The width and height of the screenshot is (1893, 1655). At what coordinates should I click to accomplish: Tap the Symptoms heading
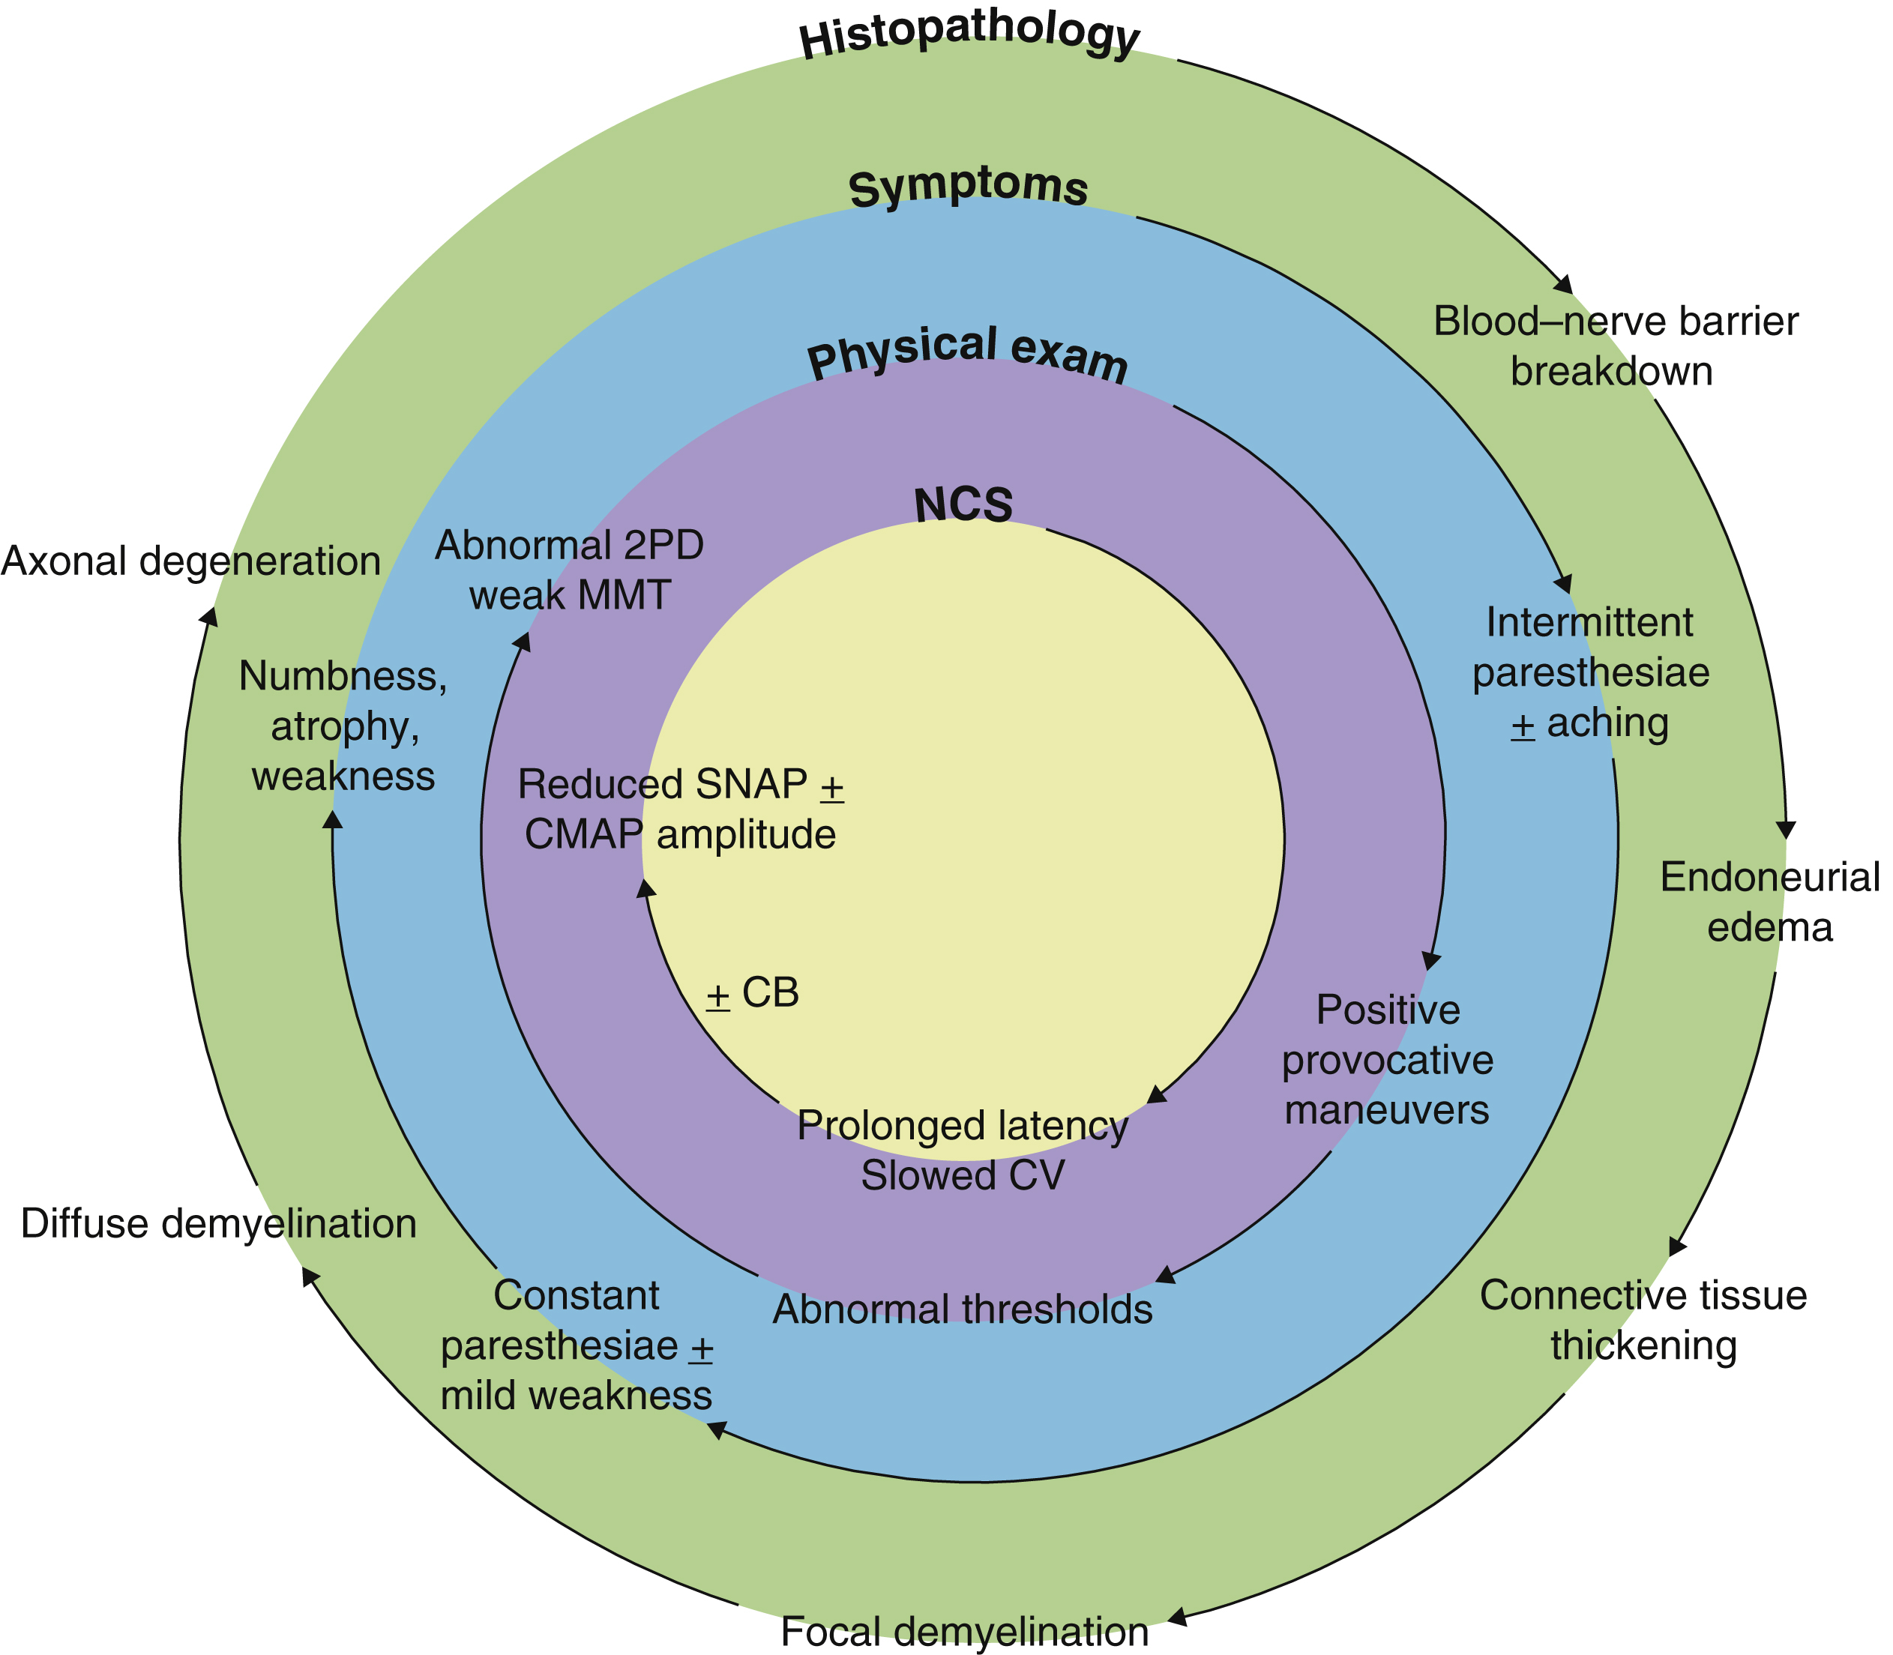click(968, 187)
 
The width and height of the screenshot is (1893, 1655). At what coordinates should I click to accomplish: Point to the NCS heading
click(963, 505)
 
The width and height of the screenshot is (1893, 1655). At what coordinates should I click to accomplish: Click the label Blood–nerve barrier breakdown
click(1615, 346)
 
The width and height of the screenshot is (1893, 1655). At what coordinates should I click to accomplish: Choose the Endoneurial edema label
click(1769, 902)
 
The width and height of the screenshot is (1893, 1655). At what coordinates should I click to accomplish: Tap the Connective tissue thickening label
click(1643, 1321)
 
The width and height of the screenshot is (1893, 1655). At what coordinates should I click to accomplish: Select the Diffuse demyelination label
click(218, 1224)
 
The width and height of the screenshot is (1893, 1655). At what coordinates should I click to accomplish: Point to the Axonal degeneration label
click(190, 561)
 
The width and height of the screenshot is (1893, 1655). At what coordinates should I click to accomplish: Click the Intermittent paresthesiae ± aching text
click(1590, 672)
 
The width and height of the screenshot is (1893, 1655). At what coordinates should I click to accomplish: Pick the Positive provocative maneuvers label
click(1387, 1060)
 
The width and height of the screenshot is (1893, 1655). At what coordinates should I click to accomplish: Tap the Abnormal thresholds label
click(963, 1309)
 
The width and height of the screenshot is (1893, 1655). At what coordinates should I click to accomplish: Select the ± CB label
click(752, 993)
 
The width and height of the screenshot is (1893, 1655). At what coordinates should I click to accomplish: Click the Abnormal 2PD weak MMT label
click(569, 570)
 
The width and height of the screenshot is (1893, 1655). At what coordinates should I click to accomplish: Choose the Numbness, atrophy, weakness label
click(343, 726)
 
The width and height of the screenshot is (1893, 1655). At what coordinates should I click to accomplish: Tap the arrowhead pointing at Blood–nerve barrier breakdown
click(1564, 286)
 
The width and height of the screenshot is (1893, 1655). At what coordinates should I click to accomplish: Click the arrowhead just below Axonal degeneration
click(211, 616)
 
